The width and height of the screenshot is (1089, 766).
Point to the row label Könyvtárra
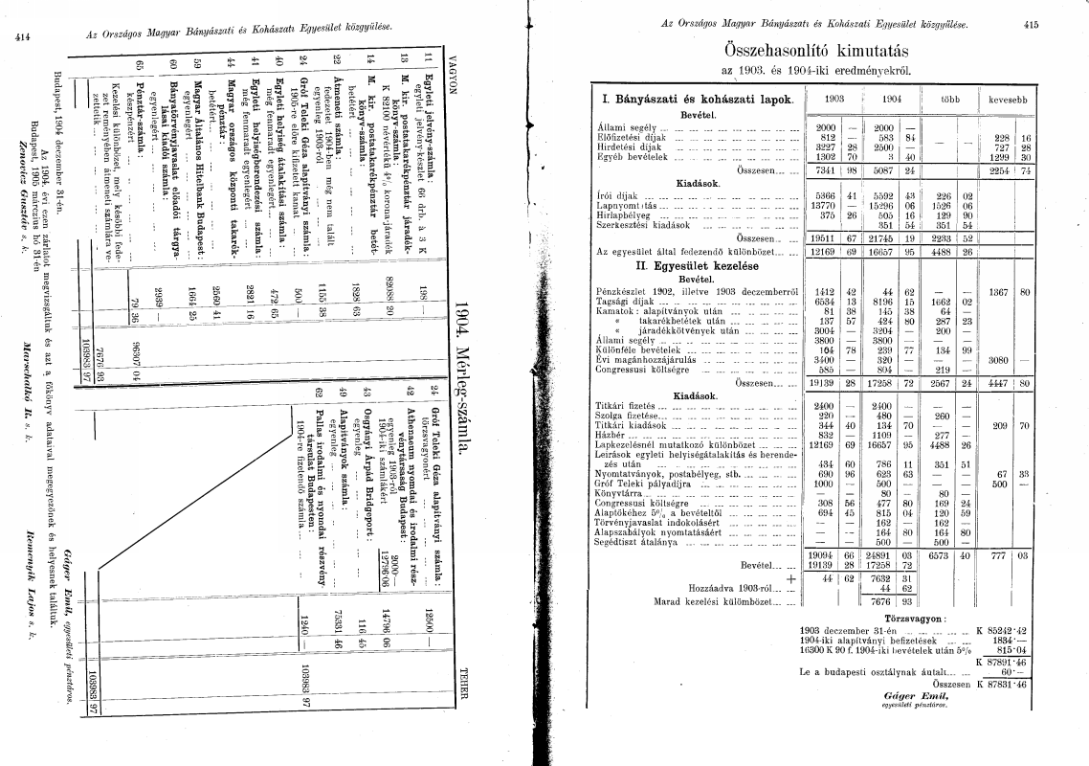pyautogui.click(x=620, y=495)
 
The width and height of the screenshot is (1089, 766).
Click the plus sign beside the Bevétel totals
pyautogui.click(x=790, y=578)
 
